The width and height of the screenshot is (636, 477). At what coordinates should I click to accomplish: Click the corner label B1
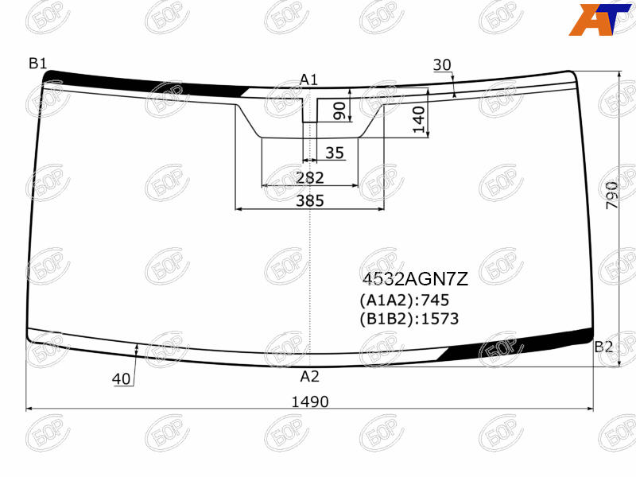[37, 64]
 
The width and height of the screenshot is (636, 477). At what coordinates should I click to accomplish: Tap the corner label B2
[603, 347]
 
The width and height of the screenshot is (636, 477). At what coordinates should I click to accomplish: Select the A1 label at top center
[309, 79]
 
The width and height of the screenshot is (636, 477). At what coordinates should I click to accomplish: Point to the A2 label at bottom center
[309, 376]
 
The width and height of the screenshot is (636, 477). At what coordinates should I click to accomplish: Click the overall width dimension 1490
[310, 401]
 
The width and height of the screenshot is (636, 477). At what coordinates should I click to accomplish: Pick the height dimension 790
[611, 195]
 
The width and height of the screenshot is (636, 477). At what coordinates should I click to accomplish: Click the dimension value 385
[310, 200]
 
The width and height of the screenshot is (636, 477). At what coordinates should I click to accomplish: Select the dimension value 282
[310, 177]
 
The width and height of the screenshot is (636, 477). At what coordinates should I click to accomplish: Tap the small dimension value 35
[335, 153]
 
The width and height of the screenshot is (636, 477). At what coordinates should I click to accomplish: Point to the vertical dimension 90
[339, 111]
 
